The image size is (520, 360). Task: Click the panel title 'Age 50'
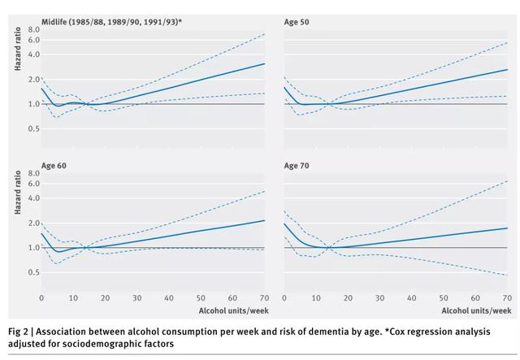click(x=296, y=21)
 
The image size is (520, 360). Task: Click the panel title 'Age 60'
click(x=53, y=165)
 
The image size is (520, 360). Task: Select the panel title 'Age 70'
click(x=296, y=165)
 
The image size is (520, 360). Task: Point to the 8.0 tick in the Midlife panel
click(x=32, y=29)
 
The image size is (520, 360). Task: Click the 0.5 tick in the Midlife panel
click(x=32, y=128)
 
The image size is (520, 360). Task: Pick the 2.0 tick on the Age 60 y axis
click(x=32, y=223)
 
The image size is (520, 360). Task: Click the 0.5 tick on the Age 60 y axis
click(x=32, y=272)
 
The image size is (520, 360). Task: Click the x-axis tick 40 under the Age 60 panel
click(x=169, y=298)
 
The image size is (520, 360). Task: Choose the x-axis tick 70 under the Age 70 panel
click(x=507, y=298)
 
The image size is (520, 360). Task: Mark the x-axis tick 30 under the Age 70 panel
click(x=379, y=298)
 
